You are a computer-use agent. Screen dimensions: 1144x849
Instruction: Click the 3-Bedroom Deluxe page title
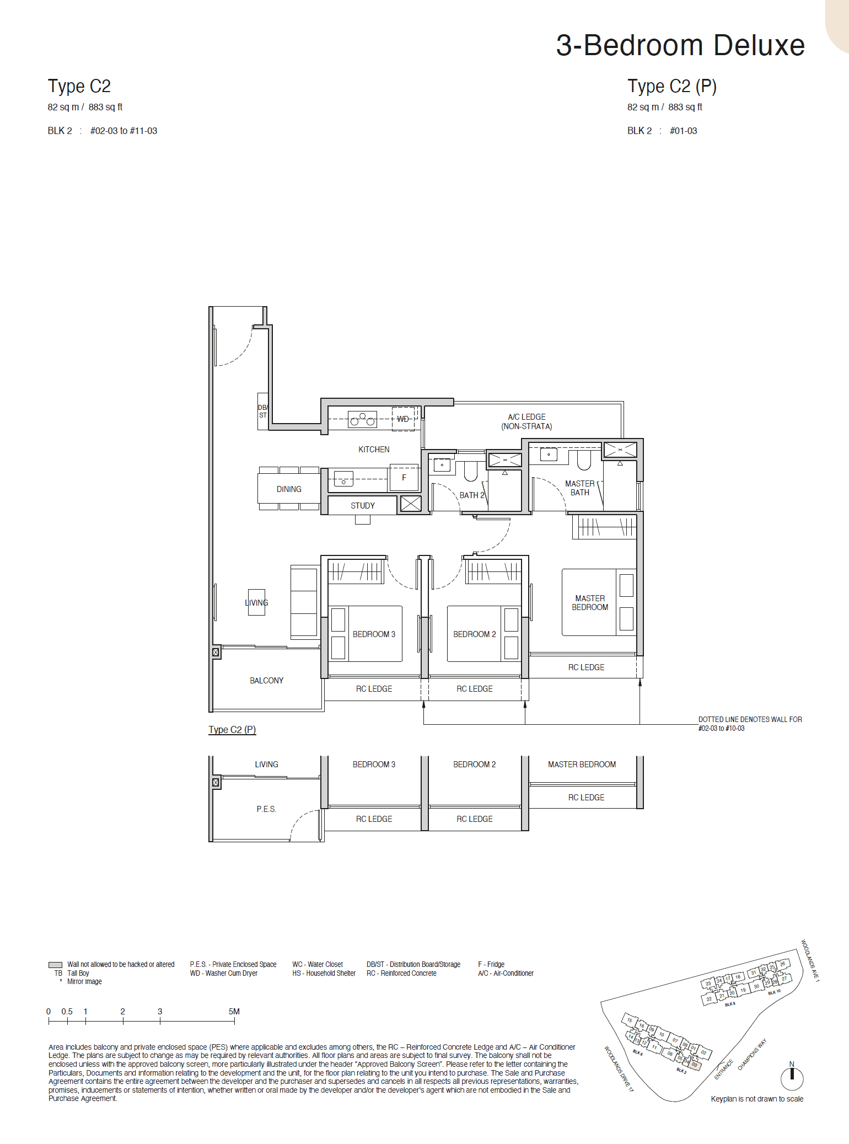(x=680, y=45)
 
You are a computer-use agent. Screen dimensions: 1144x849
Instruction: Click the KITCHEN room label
(x=374, y=450)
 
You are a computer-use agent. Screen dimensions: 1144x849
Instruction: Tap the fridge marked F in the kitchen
(x=404, y=478)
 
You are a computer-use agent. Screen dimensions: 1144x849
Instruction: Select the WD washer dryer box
(x=403, y=419)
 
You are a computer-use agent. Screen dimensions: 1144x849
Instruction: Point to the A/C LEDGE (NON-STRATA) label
(x=526, y=421)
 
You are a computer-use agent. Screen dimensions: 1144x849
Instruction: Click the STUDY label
(x=362, y=505)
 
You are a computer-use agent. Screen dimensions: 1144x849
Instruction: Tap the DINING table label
(x=289, y=489)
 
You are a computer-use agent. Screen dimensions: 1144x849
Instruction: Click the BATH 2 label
(x=472, y=495)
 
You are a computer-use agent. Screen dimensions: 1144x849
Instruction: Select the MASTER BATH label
(x=579, y=488)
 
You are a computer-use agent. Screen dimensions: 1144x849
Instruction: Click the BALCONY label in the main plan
(x=266, y=681)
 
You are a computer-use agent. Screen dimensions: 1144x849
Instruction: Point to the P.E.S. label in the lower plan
(x=266, y=809)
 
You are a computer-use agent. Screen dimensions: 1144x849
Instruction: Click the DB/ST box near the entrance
(x=263, y=411)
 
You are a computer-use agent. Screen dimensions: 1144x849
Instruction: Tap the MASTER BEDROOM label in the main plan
(x=590, y=602)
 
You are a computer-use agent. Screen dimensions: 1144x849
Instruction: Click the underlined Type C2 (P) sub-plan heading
(x=232, y=730)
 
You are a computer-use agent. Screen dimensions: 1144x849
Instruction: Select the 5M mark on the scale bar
(x=234, y=1012)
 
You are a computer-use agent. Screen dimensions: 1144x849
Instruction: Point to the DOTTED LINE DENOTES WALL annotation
(x=750, y=724)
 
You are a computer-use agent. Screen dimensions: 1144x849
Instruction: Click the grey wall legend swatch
(x=55, y=965)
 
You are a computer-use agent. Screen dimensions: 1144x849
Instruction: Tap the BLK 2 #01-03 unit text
(x=662, y=131)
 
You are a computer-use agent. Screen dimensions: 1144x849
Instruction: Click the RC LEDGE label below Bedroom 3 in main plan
(x=374, y=689)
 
